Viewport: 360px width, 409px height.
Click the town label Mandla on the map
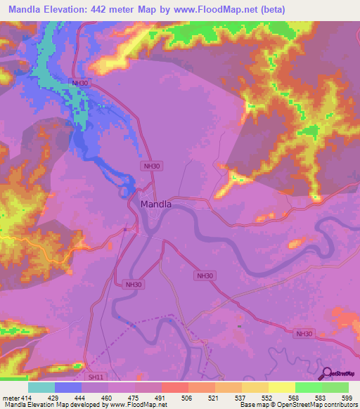click(156, 204)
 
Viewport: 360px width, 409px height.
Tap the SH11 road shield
click(96, 377)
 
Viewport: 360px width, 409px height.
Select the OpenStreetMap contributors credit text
click(318, 405)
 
